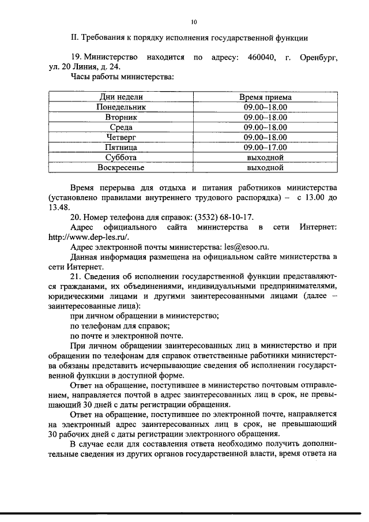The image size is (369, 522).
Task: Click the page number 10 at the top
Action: pyautogui.click(x=194, y=22)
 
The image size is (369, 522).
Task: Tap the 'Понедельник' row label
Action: pyautogui.click(x=121, y=107)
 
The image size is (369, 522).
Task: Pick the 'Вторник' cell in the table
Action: pyautogui.click(x=121, y=117)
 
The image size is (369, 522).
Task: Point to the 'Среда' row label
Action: pyautogui.click(x=121, y=127)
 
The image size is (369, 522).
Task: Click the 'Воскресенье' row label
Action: pyautogui.click(x=121, y=168)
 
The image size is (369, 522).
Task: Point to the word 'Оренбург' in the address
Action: pyautogui.click(x=317, y=58)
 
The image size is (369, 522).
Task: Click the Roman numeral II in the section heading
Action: pyautogui.click(x=74, y=38)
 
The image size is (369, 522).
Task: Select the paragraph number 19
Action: pyautogui.click(x=76, y=58)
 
